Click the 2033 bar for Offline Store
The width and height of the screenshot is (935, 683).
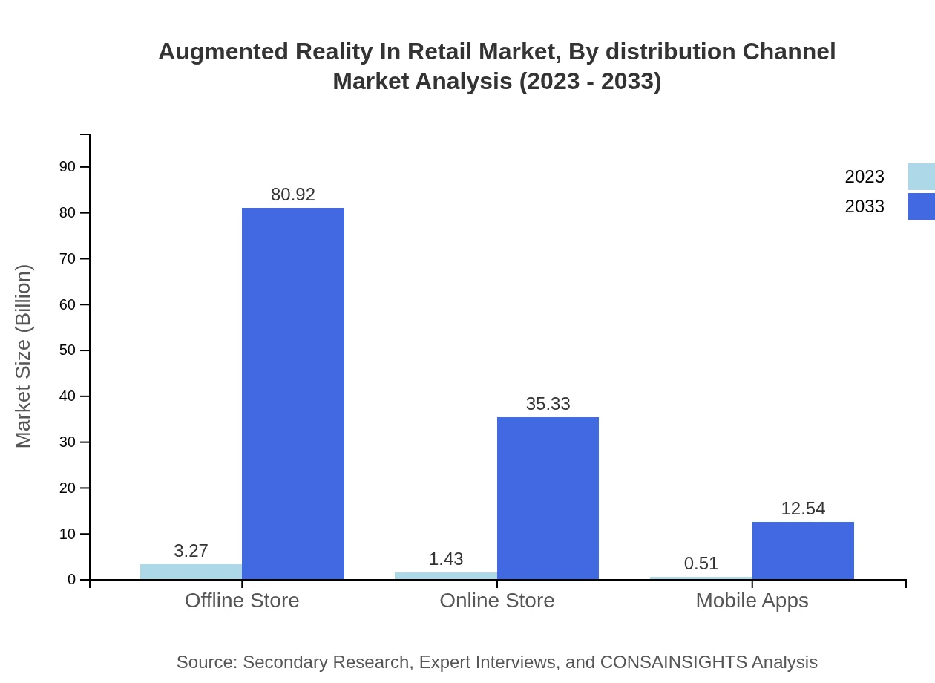point(293,393)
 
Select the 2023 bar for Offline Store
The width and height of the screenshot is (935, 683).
point(191,572)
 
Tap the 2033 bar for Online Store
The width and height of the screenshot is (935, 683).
point(548,498)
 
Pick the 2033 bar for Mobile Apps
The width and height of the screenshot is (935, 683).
point(803,550)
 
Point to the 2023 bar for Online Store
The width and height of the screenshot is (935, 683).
point(445,575)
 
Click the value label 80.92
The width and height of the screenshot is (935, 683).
point(293,195)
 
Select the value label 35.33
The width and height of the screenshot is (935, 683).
point(548,404)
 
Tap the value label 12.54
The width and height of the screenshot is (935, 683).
point(803,509)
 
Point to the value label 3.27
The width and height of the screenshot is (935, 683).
point(191,551)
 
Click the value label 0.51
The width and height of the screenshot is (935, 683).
point(701,563)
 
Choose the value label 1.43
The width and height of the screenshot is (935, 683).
point(445,559)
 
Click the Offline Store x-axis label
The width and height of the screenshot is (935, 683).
point(242,600)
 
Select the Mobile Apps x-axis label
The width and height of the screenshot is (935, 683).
point(752,600)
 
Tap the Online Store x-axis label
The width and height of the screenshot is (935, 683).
point(496,600)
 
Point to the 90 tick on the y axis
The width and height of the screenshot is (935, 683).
point(68,167)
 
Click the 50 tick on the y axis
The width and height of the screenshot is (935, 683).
point(68,350)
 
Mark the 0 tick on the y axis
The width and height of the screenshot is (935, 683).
point(72,580)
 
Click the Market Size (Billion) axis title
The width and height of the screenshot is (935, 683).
point(23,356)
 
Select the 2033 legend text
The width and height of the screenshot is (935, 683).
point(865,206)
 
